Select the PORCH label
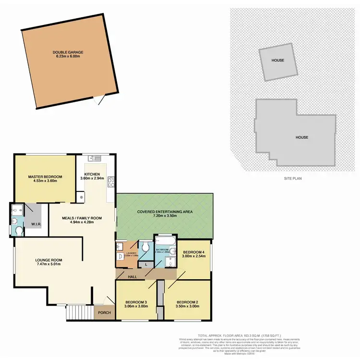pos(104,313)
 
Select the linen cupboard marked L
pos(146,264)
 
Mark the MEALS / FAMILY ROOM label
pos(82,217)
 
